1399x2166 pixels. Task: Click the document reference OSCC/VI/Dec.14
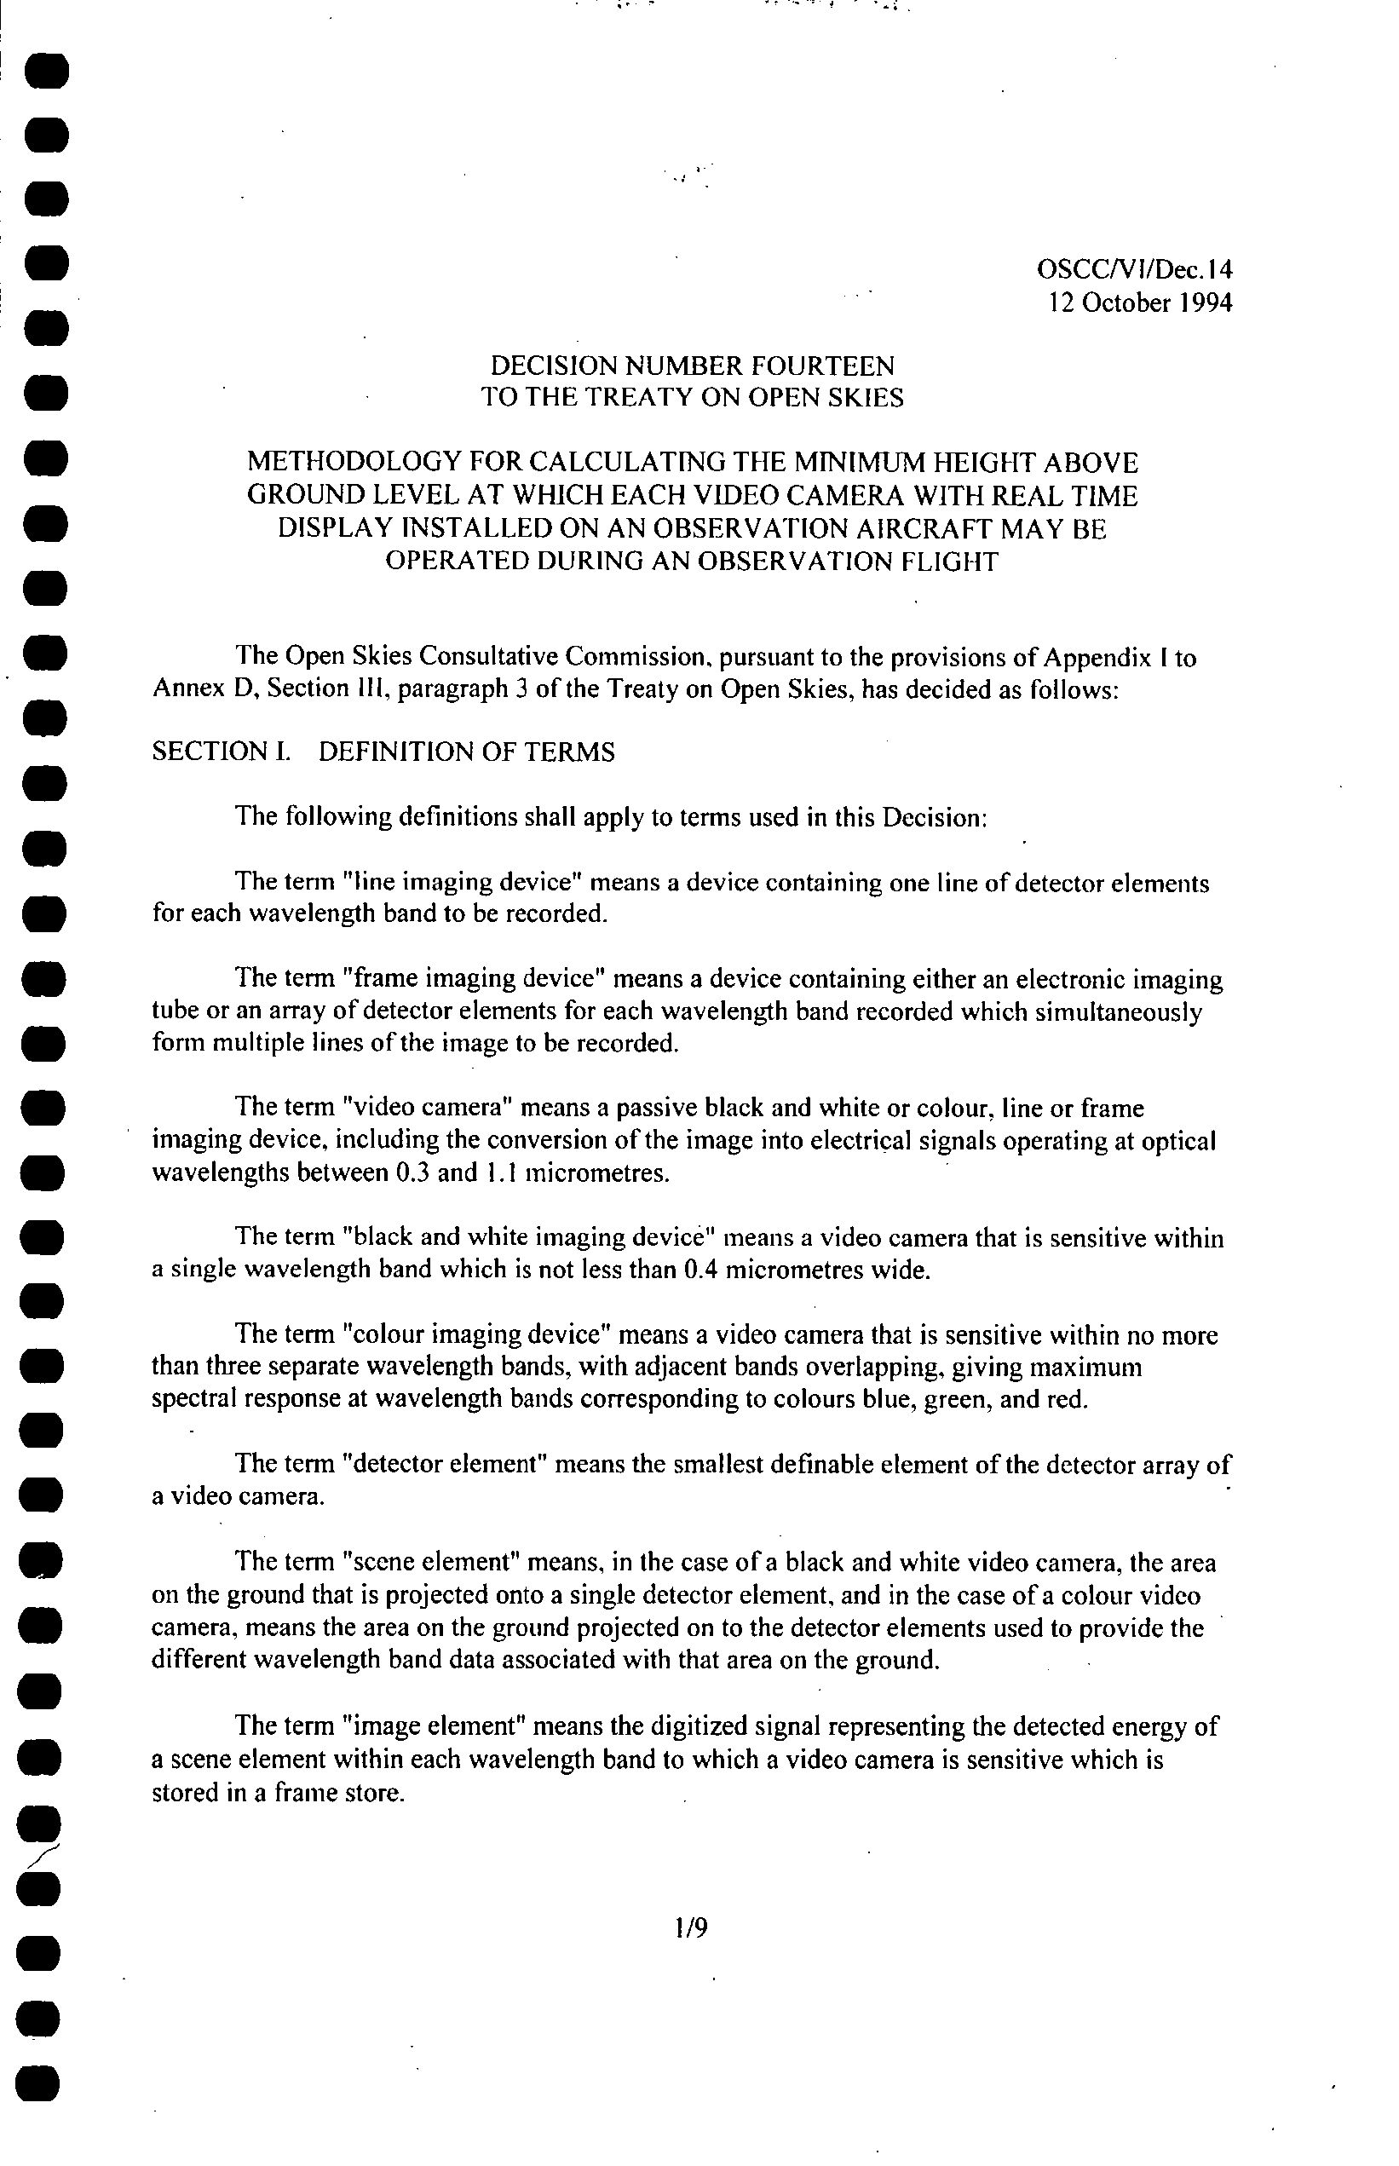coord(1135,270)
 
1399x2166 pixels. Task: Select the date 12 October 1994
coord(1140,302)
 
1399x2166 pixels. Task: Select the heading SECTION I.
coord(221,752)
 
